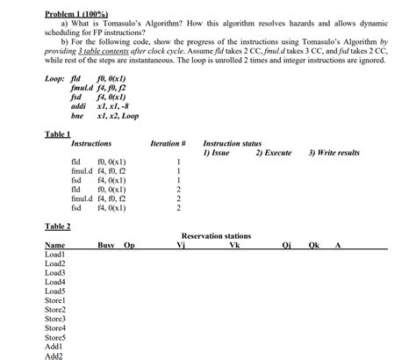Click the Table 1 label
(57, 133)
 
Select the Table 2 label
(57, 226)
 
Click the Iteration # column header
(169, 143)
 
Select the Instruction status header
(232, 143)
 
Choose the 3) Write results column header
(334, 153)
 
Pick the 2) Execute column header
(273, 153)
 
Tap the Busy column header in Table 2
(106, 246)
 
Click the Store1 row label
(55, 300)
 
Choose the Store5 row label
(55, 337)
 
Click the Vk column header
(234, 246)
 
